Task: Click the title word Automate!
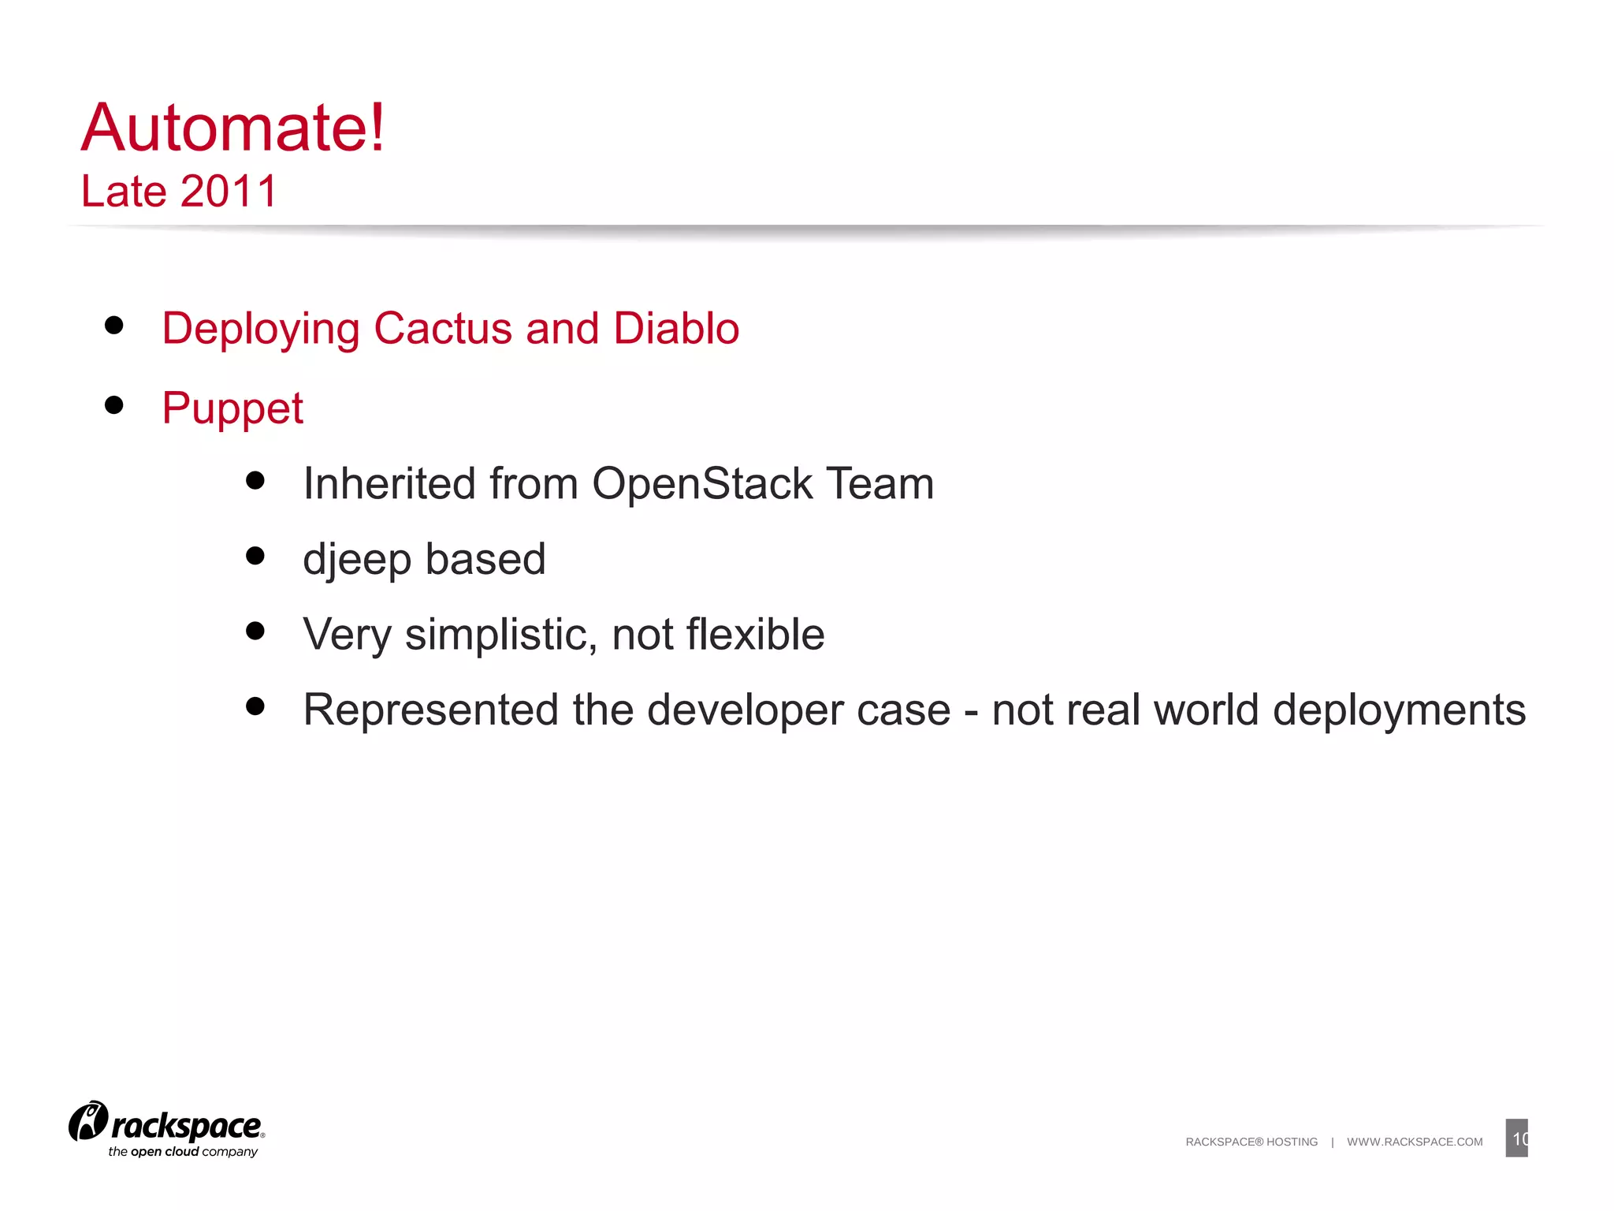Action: pos(233,128)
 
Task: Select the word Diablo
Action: pos(676,328)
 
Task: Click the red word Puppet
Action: pos(232,408)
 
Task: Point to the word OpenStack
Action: pos(701,483)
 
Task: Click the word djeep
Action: pos(356,560)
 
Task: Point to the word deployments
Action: pos(1399,710)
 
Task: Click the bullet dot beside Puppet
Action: pos(114,405)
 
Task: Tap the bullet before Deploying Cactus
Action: pos(114,326)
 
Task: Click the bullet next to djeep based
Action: pos(255,556)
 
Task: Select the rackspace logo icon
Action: pos(87,1121)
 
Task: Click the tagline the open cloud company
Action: pos(183,1152)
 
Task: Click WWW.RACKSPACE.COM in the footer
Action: pos(1415,1142)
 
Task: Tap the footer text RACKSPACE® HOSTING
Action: pos(1251,1142)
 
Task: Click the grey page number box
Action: pos(1516,1138)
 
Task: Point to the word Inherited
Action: pos(389,483)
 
